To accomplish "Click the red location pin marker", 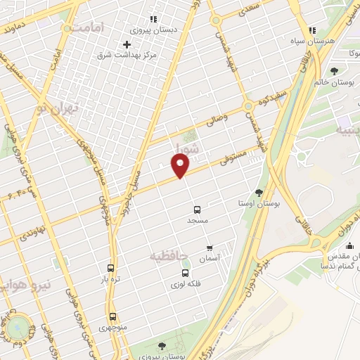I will (181, 166).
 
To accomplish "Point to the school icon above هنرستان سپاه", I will (313, 30).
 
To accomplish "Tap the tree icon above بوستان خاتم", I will (334, 70).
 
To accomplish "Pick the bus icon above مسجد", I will (197, 209).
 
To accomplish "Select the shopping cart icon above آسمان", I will (210, 247).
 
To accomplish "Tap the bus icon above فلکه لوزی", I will (185, 273).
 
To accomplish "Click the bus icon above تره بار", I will (110, 268).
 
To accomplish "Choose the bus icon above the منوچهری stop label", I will (112, 316).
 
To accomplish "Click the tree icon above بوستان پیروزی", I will (162, 346).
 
